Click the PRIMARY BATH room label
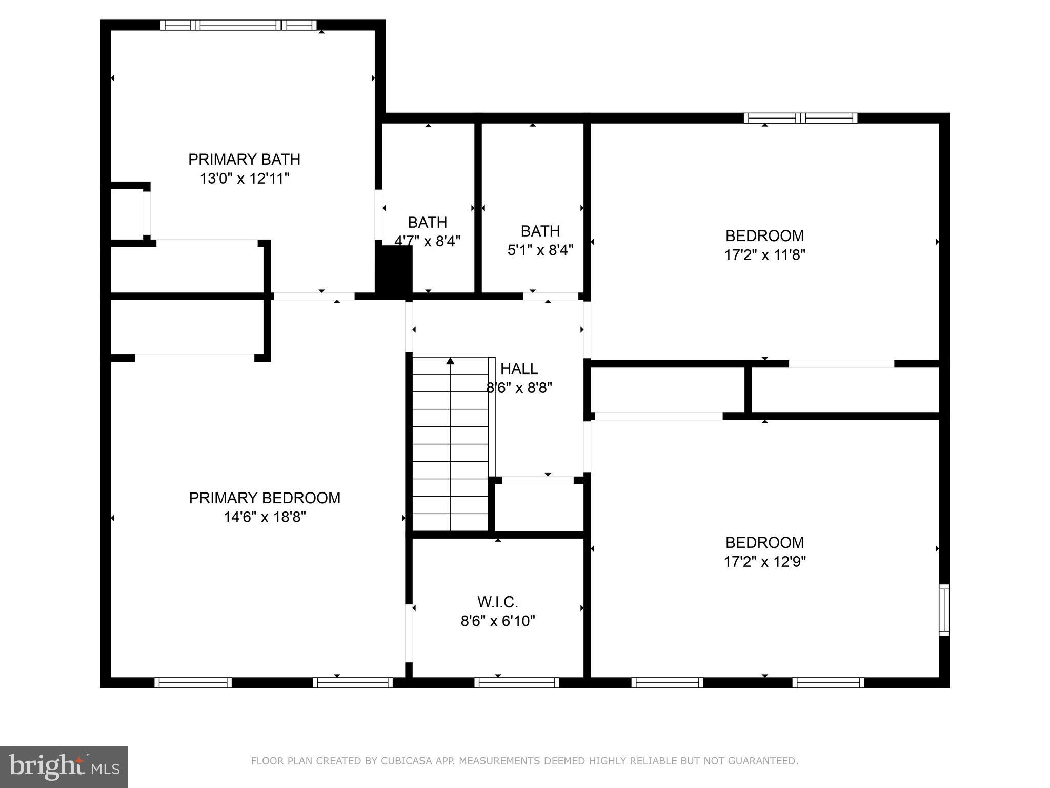[x=244, y=160]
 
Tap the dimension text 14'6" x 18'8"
[x=265, y=517]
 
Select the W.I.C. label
[x=498, y=601]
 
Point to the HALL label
[x=519, y=369]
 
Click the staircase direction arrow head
[x=450, y=361]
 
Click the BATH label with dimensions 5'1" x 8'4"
[x=540, y=231]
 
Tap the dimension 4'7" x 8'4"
[x=427, y=241]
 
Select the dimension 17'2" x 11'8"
[x=764, y=255]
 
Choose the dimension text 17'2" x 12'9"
[x=764, y=562]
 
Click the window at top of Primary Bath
[x=238, y=25]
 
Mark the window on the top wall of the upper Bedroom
[x=800, y=118]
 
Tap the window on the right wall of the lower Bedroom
[x=944, y=610]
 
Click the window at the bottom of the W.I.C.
[x=516, y=682]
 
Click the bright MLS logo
[x=64, y=766]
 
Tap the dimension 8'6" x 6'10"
[x=498, y=621]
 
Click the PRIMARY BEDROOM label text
[x=265, y=498]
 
